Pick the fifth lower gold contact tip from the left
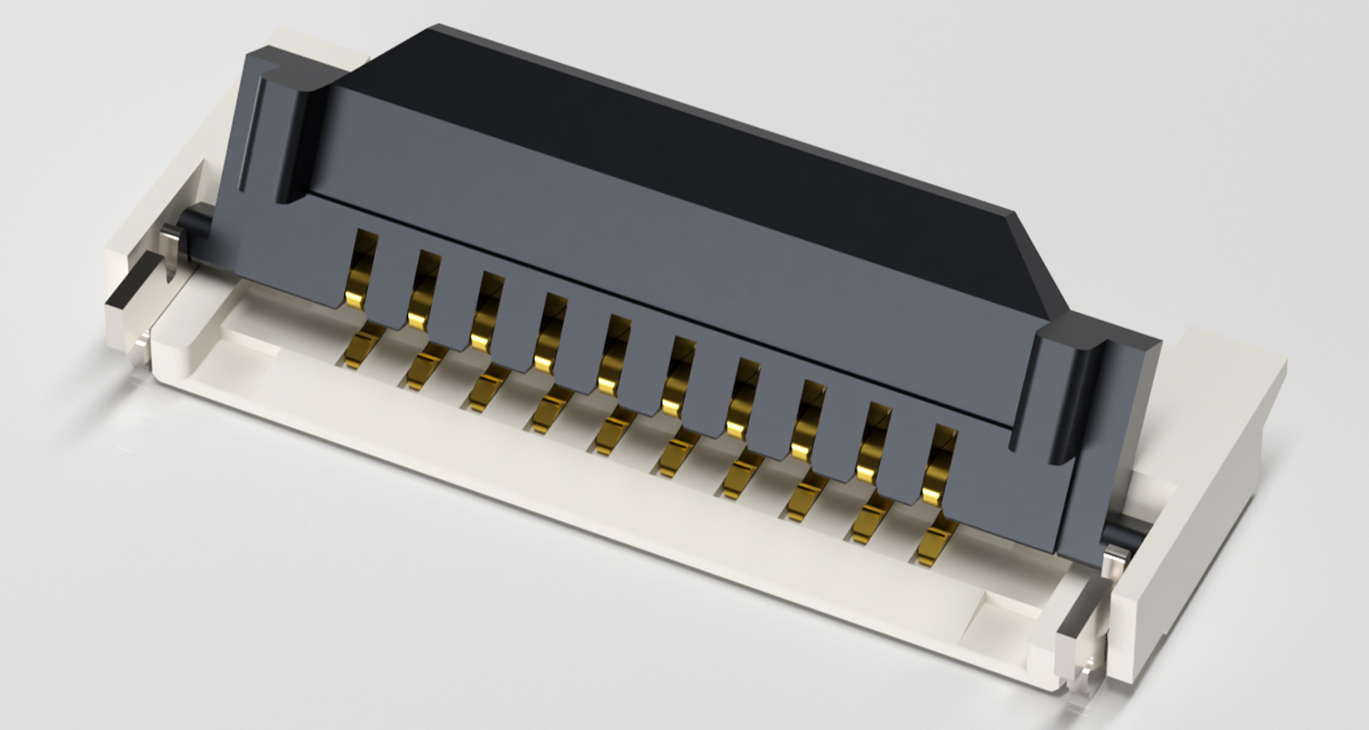[x=612, y=433]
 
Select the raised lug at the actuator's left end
[x=283, y=128]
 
